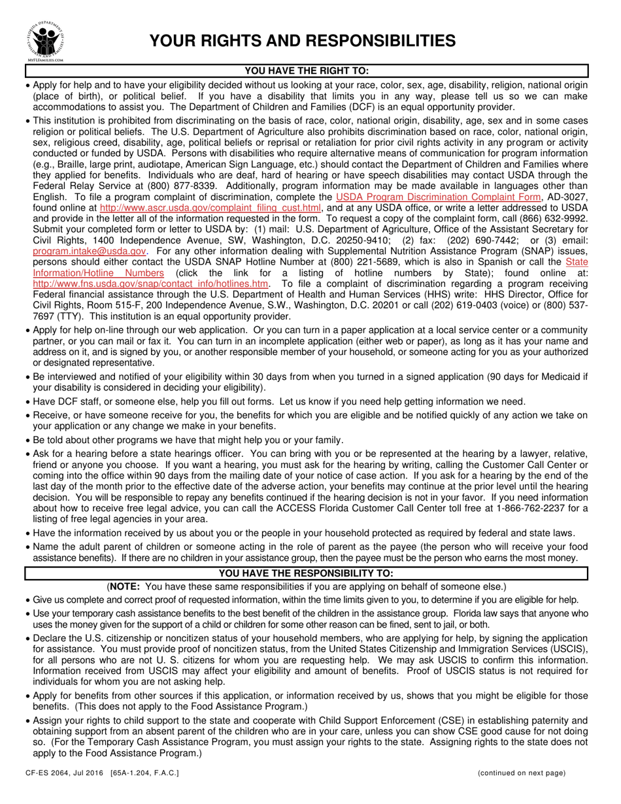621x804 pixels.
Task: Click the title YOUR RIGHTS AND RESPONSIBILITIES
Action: pos(302,41)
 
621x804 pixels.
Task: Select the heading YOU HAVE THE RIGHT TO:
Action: pos(307,71)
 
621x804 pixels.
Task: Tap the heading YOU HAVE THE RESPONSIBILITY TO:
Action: pos(307,573)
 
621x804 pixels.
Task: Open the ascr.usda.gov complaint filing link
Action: pos(210,208)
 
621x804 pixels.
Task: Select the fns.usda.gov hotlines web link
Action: pos(151,283)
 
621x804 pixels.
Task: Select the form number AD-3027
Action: pos(569,197)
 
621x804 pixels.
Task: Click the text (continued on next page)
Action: pos(521,773)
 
